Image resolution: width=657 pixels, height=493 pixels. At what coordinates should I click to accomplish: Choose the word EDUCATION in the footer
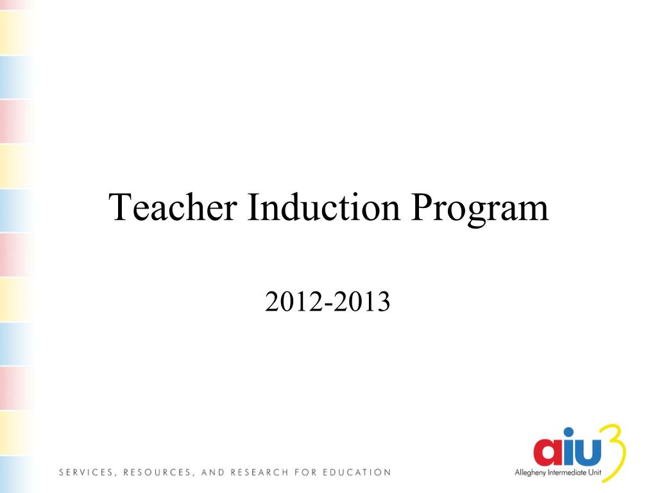pos(357,473)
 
